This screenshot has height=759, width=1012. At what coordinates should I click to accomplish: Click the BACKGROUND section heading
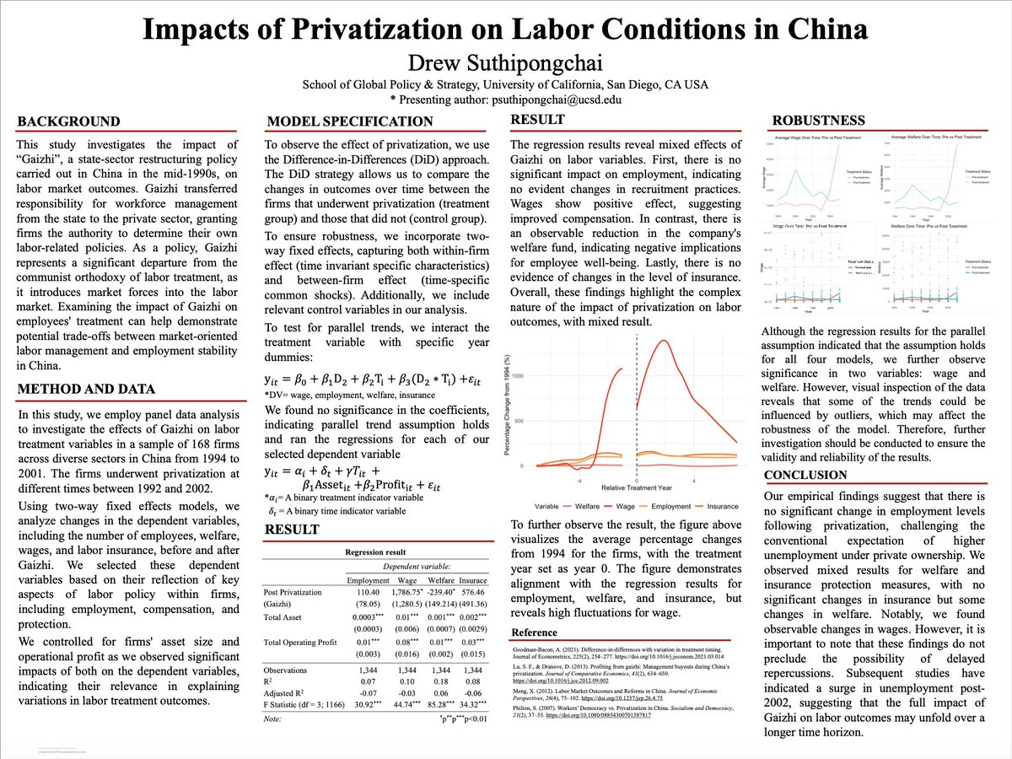click(x=69, y=121)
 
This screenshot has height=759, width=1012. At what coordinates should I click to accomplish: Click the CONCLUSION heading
click(x=807, y=475)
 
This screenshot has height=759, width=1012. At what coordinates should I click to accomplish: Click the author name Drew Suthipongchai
click(x=505, y=62)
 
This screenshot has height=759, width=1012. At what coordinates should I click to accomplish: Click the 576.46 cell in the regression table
click(x=473, y=593)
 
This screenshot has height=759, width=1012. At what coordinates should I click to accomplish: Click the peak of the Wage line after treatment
click(x=664, y=340)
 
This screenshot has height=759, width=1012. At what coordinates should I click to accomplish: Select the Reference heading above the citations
click(x=535, y=632)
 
